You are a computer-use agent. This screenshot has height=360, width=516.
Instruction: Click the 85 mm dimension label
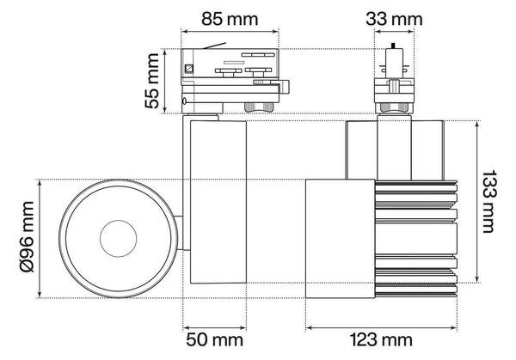[x=230, y=19]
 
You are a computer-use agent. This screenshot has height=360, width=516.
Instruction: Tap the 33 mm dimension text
[x=394, y=19]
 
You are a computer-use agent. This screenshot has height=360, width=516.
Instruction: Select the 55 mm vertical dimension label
[x=151, y=81]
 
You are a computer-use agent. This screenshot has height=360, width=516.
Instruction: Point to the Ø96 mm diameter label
[x=27, y=237]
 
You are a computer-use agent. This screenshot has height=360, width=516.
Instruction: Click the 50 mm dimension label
[x=214, y=339]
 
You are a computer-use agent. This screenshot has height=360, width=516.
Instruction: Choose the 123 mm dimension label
[x=381, y=339]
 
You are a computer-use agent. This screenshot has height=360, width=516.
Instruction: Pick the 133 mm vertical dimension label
[x=488, y=202]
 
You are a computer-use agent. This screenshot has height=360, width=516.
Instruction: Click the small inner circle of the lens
[x=119, y=239]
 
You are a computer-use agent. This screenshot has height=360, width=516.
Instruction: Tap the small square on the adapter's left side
[x=189, y=69]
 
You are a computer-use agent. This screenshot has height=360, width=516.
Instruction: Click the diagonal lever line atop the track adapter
[x=214, y=46]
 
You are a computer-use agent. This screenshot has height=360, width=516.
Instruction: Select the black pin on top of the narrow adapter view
[x=393, y=46]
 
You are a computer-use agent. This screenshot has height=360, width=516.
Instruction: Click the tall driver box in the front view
[x=218, y=202]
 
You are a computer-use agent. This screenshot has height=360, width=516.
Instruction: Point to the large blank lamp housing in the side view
[x=341, y=239]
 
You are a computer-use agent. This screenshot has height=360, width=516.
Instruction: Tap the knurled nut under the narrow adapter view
[x=394, y=108]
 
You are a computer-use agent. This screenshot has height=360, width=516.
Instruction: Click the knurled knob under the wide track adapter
[x=259, y=107]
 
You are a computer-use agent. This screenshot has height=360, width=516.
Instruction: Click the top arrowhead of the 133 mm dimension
[x=477, y=125]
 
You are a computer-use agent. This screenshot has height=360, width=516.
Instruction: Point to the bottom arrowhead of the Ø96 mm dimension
[x=40, y=294]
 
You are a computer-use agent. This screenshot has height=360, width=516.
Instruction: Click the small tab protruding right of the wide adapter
[x=285, y=87]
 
